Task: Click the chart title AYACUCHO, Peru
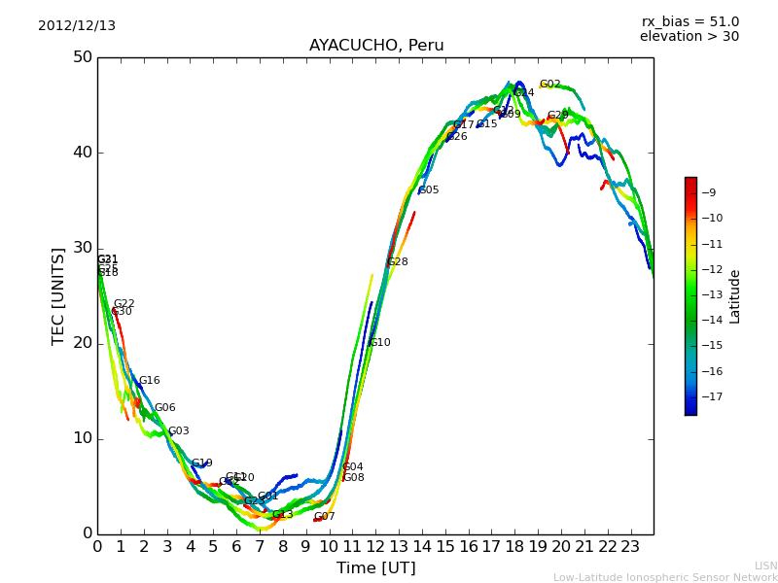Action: click(376, 46)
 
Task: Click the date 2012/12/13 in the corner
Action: click(77, 26)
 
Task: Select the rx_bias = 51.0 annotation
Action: click(690, 22)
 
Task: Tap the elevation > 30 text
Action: click(690, 37)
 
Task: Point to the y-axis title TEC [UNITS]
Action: click(58, 295)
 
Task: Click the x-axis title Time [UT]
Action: click(375, 567)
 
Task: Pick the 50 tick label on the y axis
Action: click(83, 57)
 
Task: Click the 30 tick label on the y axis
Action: click(83, 248)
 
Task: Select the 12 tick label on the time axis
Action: click(375, 547)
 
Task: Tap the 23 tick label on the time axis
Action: click(630, 547)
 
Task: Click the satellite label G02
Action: click(550, 86)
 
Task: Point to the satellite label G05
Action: click(429, 190)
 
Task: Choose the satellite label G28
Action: click(398, 262)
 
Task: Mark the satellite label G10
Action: click(380, 343)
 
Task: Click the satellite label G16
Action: click(150, 381)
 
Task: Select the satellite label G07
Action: click(324, 517)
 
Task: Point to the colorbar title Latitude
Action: click(735, 295)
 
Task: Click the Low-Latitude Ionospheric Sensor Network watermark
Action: click(665, 577)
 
